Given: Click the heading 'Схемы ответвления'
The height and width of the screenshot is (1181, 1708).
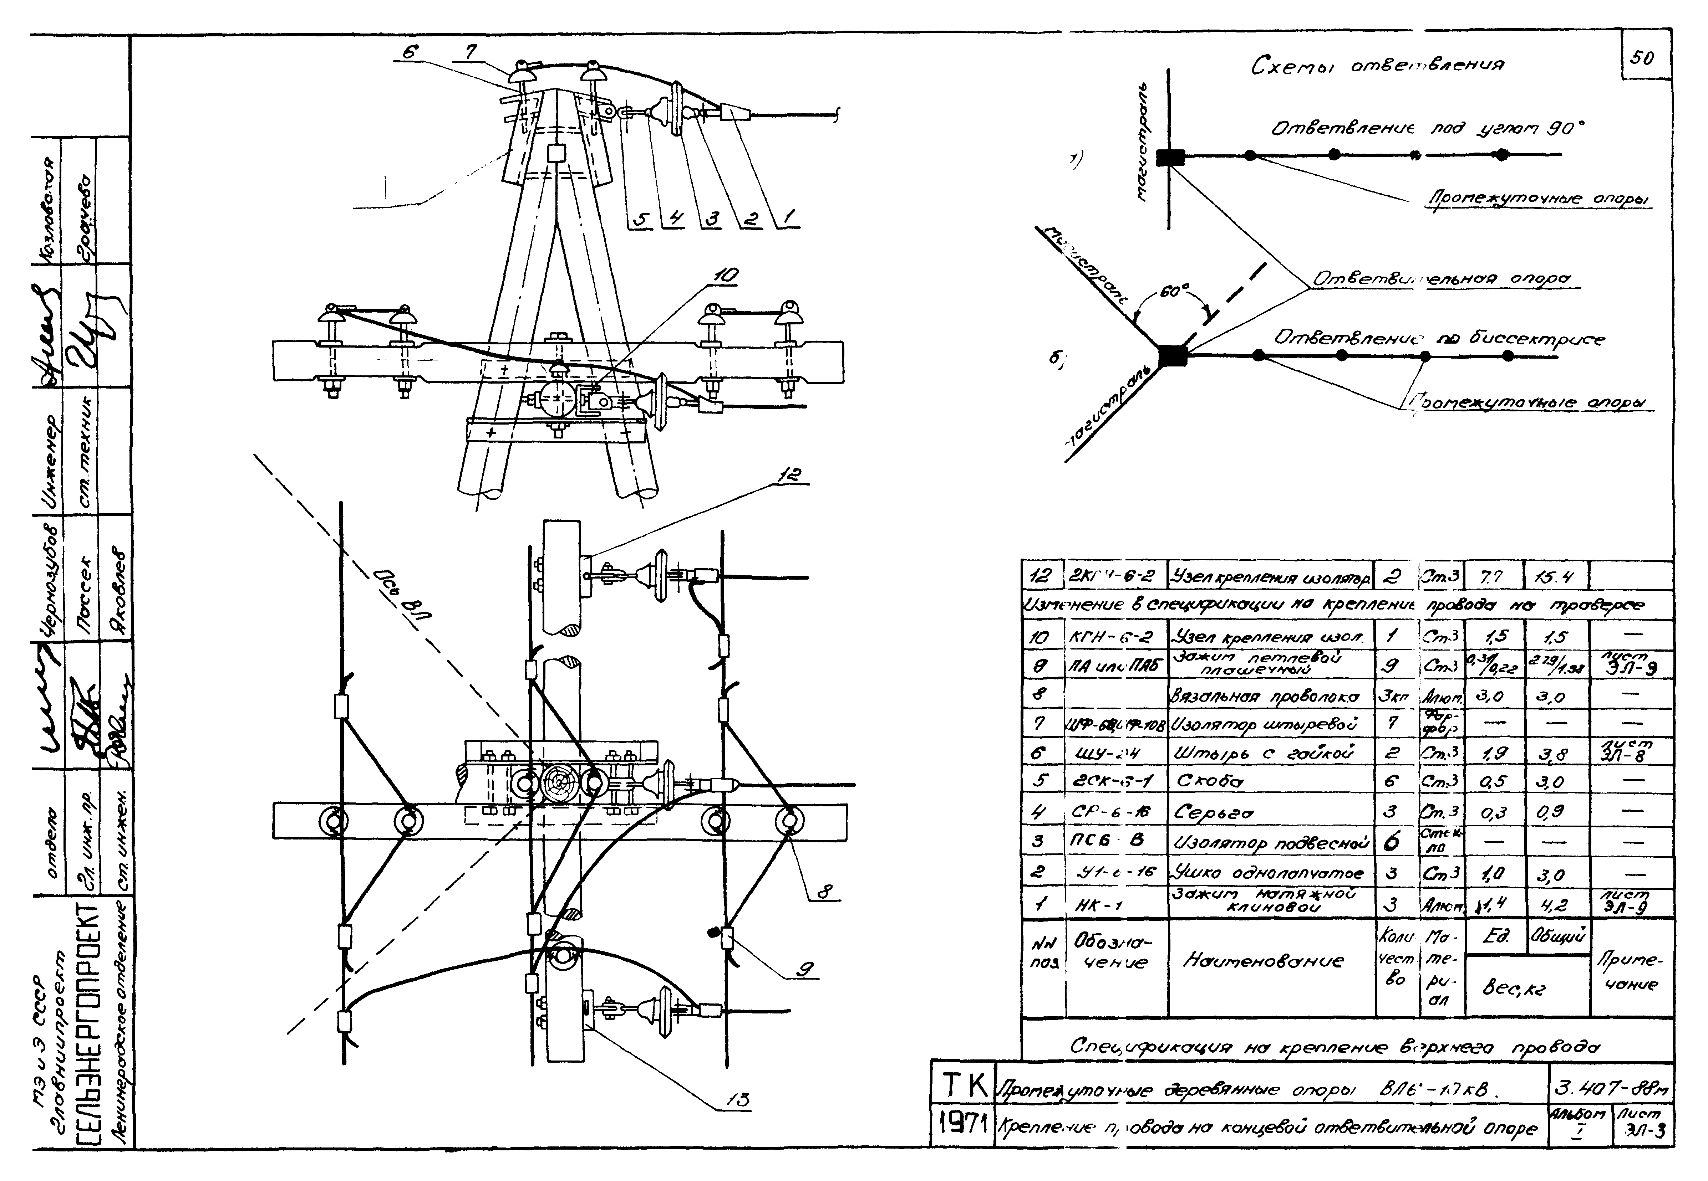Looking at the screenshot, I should click(x=1377, y=67).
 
